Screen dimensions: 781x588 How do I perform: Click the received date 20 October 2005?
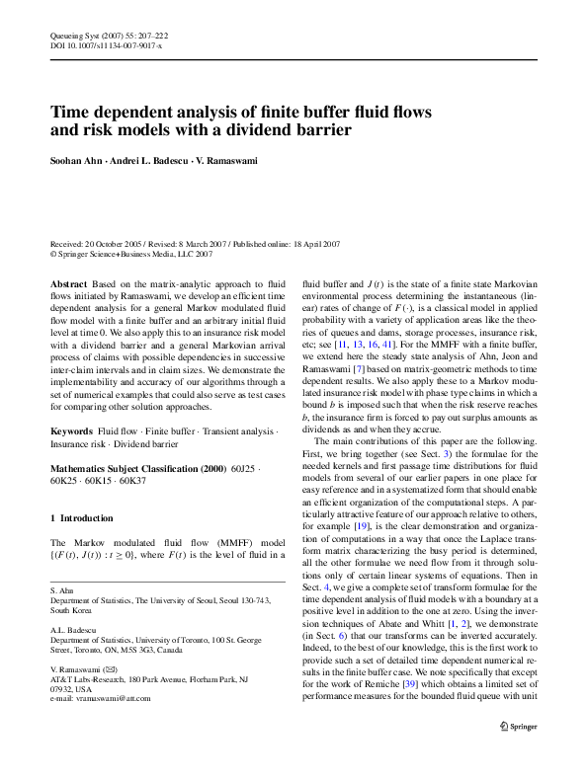110,243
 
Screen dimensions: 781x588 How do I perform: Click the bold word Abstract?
68,283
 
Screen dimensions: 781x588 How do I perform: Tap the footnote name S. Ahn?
61,588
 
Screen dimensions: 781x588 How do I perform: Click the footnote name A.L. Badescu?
69,628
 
